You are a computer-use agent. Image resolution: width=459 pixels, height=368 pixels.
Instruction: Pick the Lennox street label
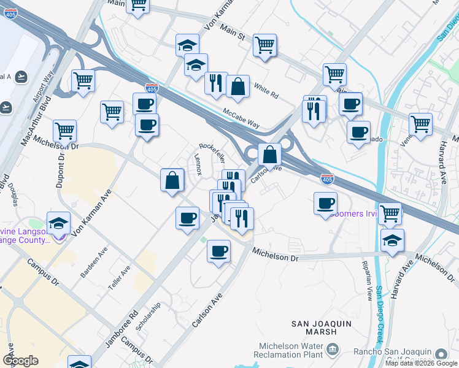[x=197, y=164]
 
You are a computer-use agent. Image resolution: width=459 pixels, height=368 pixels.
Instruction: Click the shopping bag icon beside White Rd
[x=237, y=86]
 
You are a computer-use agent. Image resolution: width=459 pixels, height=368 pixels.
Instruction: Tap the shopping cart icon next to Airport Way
[x=83, y=80]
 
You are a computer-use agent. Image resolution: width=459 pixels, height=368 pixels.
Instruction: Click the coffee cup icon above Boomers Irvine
[x=326, y=203]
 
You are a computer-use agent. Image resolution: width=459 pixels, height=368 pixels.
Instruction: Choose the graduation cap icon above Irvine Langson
[x=58, y=224]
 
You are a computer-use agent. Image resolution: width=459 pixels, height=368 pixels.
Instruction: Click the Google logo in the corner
[x=20, y=361]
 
